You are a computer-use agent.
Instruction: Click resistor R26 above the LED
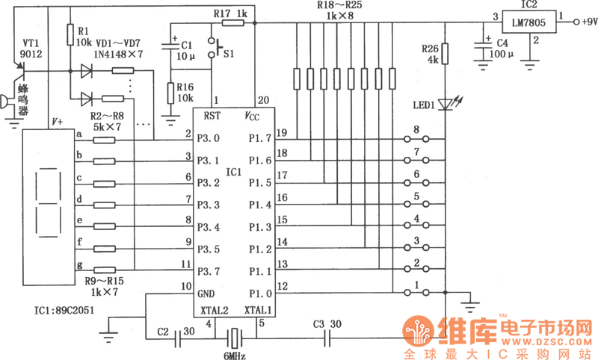point(445,55)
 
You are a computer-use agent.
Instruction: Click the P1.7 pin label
point(259,138)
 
